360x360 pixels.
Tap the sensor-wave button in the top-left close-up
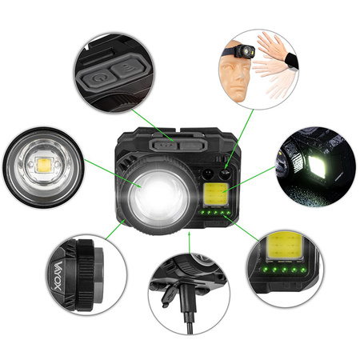126,70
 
